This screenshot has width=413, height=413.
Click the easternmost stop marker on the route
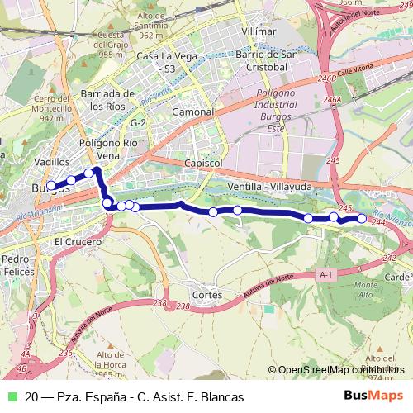[x=362, y=218]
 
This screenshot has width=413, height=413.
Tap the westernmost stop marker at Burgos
[x=51, y=186]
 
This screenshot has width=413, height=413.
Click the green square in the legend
[x=12, y=396]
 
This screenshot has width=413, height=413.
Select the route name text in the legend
[x=135, y=396]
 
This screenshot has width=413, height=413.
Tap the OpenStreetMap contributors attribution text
[x=339, y=370]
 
